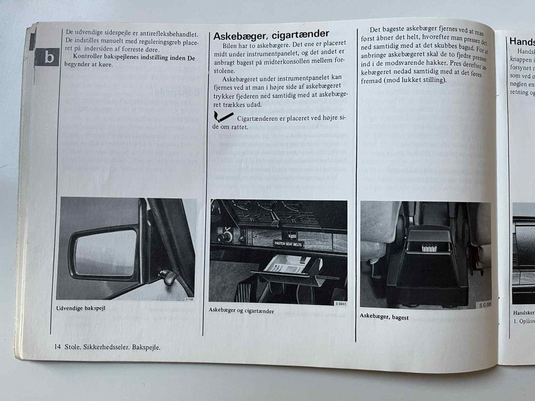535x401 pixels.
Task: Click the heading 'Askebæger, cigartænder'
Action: (x=271, y=35)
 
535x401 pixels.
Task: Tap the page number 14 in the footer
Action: (x=57, y=347)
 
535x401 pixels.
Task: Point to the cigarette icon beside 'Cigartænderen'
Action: (x=223, y=117)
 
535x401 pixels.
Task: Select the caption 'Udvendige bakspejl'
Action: (x=81, y=308)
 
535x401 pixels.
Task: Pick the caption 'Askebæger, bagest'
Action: (x=384, y=316)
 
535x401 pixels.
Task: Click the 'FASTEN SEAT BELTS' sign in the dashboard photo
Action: (x=289, y=243)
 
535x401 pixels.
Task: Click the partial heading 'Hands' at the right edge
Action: (x=522, y=41)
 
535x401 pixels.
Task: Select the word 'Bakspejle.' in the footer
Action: (x=147, y=347)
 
